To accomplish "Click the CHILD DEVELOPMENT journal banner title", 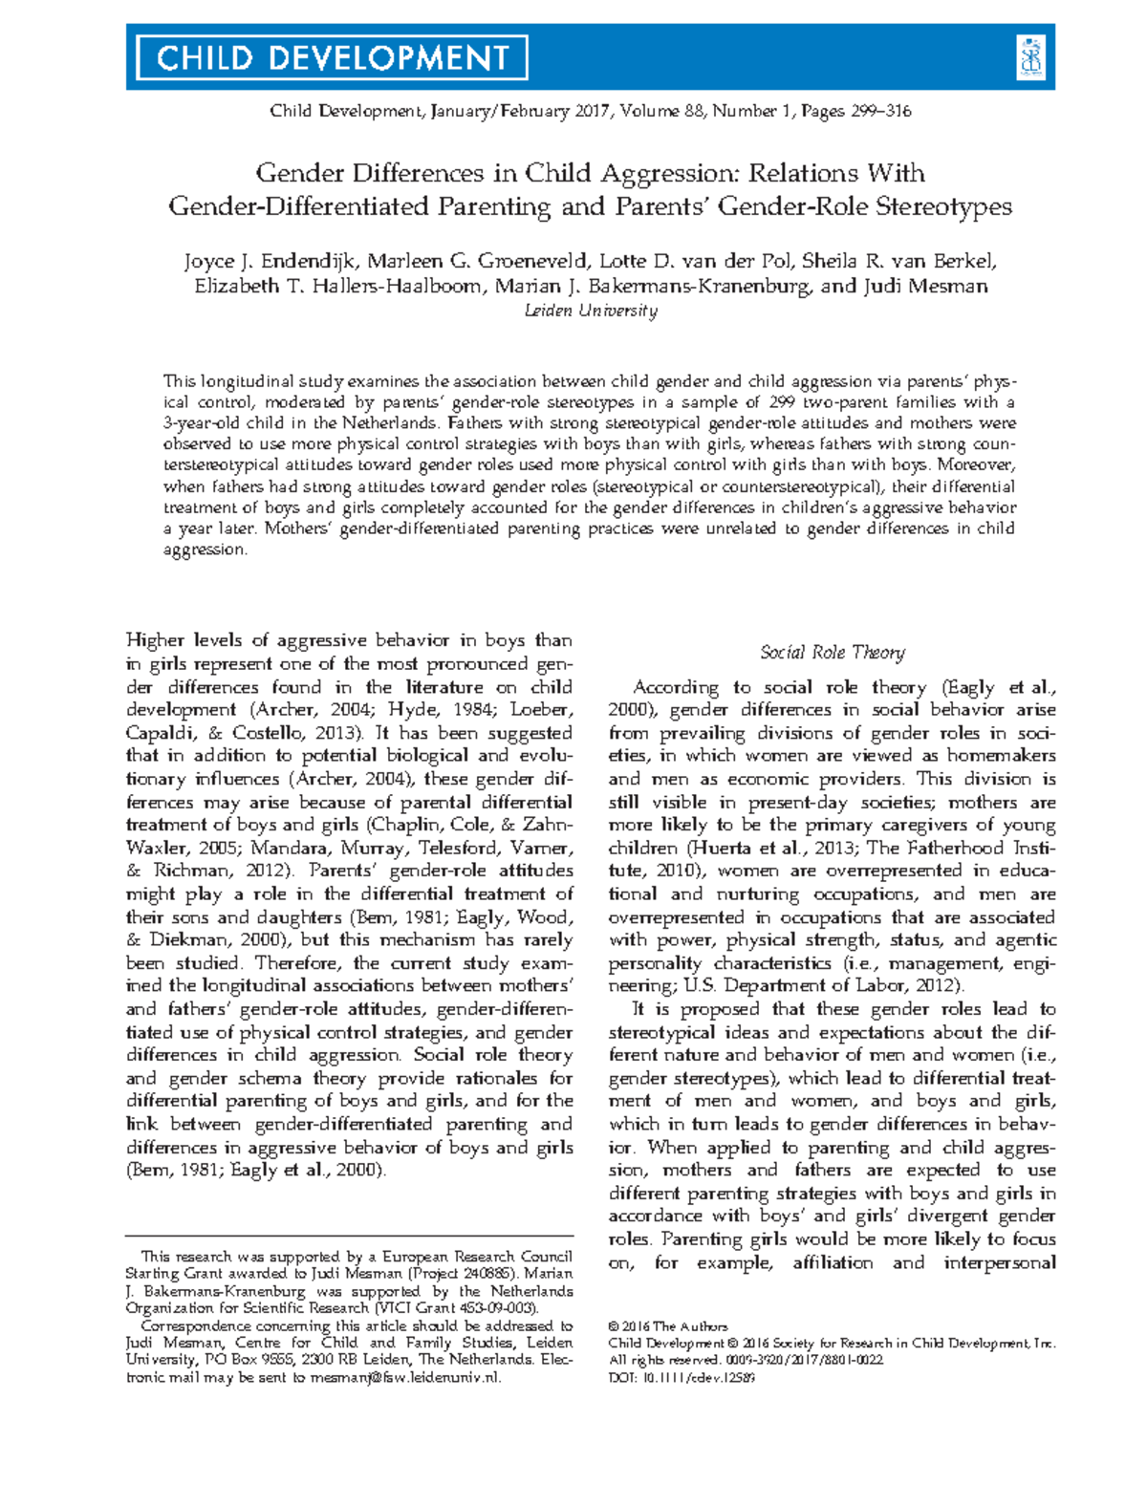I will click(332, 58).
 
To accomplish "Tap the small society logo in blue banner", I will click(1030, 57).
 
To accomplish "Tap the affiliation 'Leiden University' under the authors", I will click(591, 311).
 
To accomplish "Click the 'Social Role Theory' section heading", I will click(832, 653).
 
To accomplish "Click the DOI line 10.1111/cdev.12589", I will click(682, 1378).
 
